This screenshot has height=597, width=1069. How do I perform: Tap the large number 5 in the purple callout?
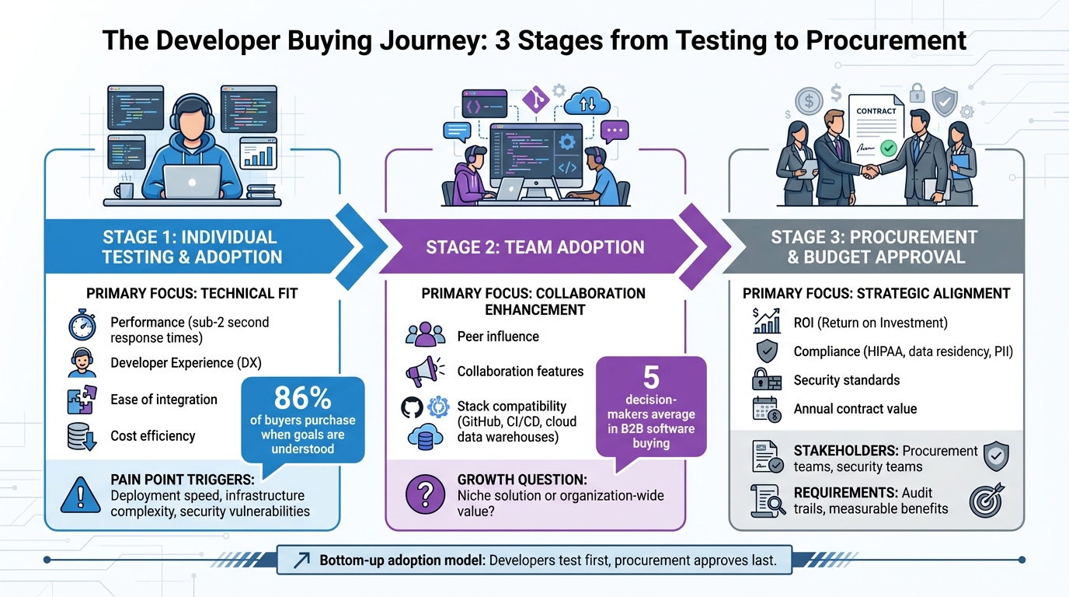[651, 378]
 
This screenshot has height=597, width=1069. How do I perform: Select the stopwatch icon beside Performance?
[82, 327]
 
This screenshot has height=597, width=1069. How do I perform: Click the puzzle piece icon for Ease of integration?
[82, 400]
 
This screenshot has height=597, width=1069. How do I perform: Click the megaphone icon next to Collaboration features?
[424, 371]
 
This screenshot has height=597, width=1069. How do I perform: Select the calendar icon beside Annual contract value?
[767, 409]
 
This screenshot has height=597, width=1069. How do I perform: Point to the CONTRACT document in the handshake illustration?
[876, 124]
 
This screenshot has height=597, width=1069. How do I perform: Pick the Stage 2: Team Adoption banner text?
[534, 248]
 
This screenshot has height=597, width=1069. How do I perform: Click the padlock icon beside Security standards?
[767, 380]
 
